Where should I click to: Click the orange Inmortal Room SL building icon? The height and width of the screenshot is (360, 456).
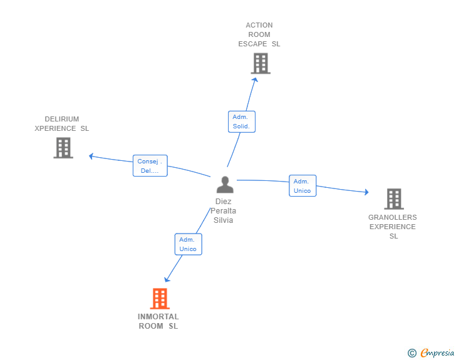(160, 299)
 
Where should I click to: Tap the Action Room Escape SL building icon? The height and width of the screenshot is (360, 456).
(261, 63)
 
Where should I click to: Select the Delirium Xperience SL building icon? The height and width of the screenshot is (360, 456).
(63, 148)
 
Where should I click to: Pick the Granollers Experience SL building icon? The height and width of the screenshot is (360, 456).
(393, 198)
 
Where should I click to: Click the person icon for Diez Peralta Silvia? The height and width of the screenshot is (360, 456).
(224, 185)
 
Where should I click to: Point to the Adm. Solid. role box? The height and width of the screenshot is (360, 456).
(241, 121)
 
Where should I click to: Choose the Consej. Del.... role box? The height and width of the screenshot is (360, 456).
(150, 165)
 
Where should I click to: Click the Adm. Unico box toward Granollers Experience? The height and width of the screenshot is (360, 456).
(303, 186)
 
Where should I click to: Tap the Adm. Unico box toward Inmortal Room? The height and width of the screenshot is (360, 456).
(188, 244)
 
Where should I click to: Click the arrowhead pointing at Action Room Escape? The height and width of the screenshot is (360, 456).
(254, 78)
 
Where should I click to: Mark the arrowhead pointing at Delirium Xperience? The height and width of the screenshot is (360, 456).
(91, 156)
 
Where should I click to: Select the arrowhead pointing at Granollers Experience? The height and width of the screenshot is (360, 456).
(366, 192)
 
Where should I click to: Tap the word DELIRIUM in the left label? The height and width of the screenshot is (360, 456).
(61, 119)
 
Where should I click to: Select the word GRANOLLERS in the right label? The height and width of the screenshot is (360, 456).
(392, 217)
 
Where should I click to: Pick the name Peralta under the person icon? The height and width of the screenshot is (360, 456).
(223, 211)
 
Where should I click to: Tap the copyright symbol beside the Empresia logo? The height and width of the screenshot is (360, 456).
(412, 353)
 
